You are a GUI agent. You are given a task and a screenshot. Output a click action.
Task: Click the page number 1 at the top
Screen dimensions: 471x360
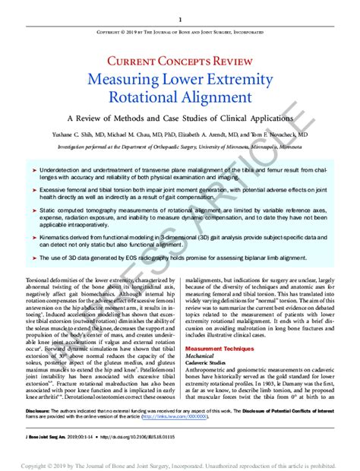click(x=180, y=19)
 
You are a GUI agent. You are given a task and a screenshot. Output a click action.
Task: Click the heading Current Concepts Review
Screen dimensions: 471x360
click(x=180, y=62)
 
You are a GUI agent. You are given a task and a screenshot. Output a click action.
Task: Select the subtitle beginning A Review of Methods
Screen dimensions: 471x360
click(x=180, y=119)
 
